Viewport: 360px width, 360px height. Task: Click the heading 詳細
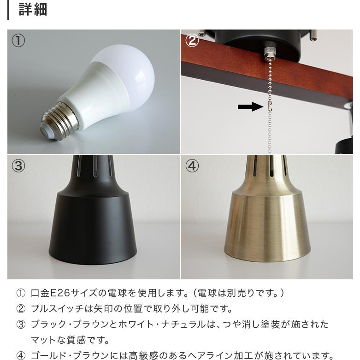click(33, 9)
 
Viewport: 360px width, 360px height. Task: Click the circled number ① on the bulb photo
click(18, 41)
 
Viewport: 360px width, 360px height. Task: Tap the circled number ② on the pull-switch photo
click(192, 41)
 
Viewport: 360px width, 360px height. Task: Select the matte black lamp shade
click(92, 226)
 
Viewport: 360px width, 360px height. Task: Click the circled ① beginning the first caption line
click(21, 293)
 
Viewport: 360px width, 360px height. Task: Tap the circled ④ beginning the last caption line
click(21, 355)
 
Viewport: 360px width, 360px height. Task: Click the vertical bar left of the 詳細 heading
click(9, 10)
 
